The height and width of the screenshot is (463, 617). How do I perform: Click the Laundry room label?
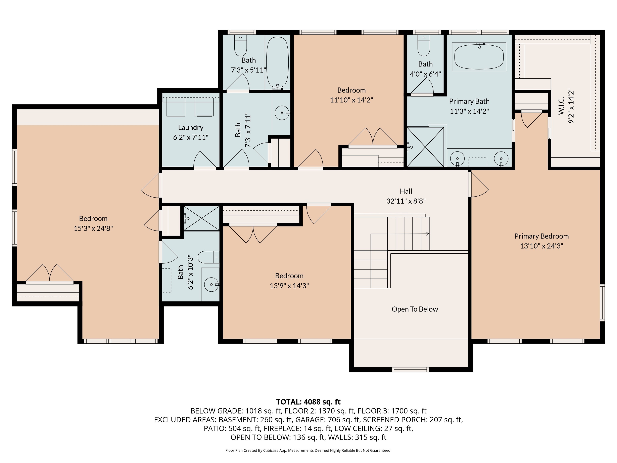click(x=191, y=128)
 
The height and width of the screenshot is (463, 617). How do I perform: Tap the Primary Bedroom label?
click(x=541, y=236)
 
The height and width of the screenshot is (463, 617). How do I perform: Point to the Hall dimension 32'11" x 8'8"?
click(x=406, y=201)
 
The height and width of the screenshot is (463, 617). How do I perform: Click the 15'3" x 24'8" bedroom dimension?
click(x=93, y=228)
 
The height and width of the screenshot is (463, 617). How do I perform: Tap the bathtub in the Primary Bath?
click(x=479, y=57)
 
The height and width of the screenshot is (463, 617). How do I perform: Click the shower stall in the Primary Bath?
click(x=425, y=147)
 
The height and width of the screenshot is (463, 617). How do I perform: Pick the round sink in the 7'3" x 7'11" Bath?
click(x=282, y=113)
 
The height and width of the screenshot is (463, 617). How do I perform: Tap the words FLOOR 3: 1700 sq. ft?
click(x=392, y=411)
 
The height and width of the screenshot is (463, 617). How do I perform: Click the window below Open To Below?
click(x=410, y=370)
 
